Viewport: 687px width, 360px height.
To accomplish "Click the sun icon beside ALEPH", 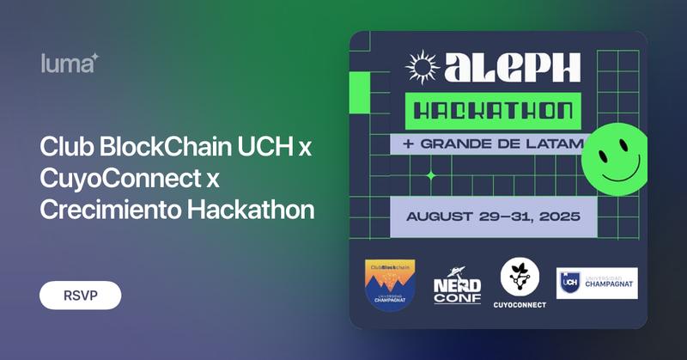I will (x=421, y=65).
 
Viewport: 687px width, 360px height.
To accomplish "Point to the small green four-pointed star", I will (x=431, y=176).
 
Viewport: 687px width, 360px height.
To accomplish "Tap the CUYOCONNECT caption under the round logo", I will (x=520, y=304).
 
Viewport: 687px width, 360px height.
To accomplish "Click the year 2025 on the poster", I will (x=556, y=216).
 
